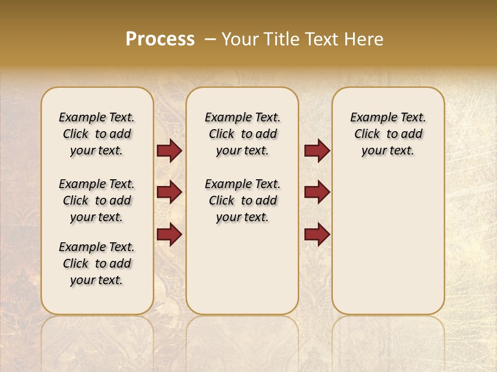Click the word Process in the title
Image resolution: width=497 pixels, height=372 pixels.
click(x=160, y=39)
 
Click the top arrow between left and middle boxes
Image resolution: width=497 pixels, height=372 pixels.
click(x=169, y=151)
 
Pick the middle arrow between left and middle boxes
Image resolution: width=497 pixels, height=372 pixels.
click(x=169, y=192)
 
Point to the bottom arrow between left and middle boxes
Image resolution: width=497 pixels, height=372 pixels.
click(x=169, y=234)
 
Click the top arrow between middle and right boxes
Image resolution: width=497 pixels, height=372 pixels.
click(x=317, y=151)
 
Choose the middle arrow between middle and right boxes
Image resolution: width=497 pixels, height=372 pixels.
click(x=317, y=192)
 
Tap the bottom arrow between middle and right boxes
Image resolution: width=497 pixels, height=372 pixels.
click(x=317, y=234)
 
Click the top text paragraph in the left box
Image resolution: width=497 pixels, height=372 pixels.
click(x=97, y=134)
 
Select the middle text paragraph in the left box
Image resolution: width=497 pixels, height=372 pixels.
click(x=97, y=200)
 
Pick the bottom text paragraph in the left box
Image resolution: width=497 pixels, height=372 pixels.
click(x=97, y=263)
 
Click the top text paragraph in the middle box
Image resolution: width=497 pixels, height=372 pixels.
click(x=242, y=134)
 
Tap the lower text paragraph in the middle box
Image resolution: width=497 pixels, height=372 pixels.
click(x=242, y=200)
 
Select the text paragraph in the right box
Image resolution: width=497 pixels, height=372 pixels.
click(x=388, y=134)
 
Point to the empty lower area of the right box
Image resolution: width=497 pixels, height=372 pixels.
click(x=388, y=243)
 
